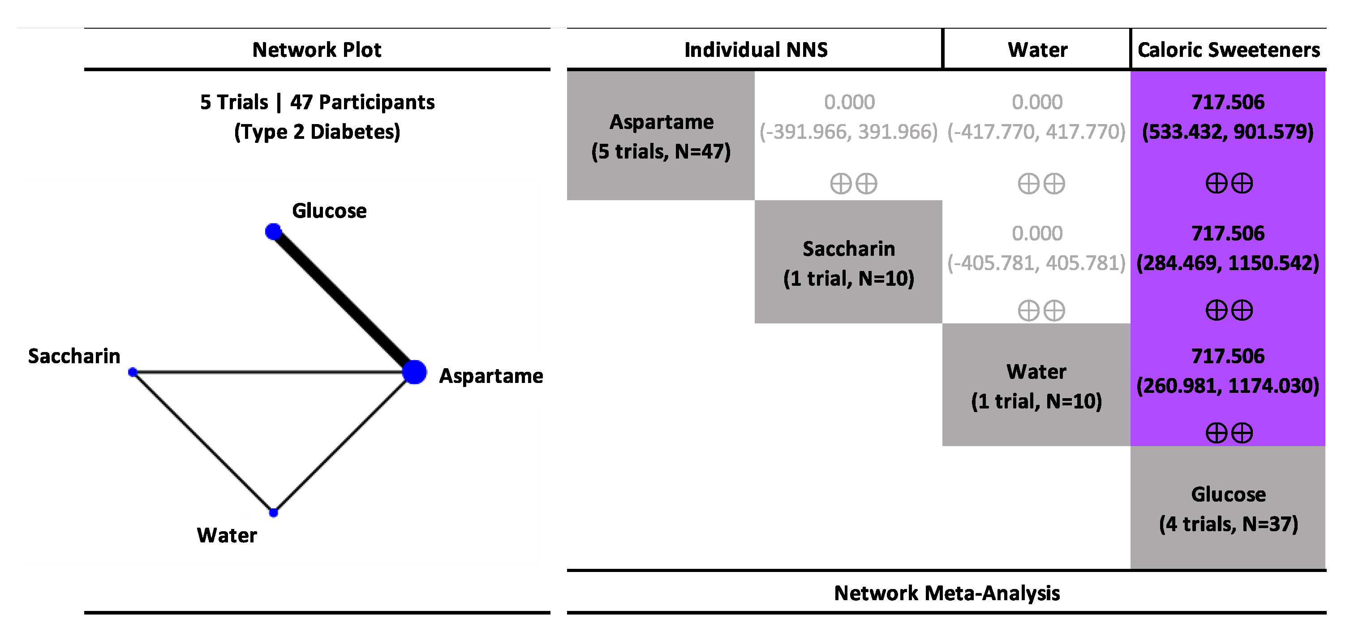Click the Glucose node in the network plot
coord(273,231)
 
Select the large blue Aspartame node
coord(414,372)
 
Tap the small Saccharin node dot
coord(133,372)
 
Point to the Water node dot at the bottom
coord(273,512)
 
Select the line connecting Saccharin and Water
coord(203,442)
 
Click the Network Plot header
coord(317,50)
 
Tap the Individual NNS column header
coord(755,50)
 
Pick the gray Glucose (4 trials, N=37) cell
coord(1228,508)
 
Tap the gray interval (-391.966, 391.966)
coord(848,132)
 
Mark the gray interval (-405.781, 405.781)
coord(1036,263)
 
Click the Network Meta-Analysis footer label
coord(946,593)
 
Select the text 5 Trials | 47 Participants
coord(317,102)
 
